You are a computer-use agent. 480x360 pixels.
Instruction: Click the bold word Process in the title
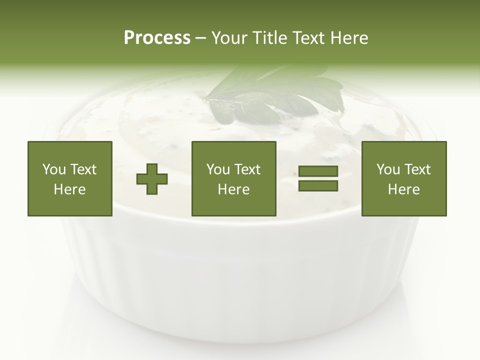pyautogui.click(x=157, y=38)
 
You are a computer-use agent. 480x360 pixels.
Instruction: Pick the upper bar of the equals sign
pyautogui.click(x=318, y=171)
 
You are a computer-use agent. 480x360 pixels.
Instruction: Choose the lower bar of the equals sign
pyautogui.click(x=318, y=186)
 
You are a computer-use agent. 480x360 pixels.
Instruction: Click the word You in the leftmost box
pyautogui.click(x=54, y=169)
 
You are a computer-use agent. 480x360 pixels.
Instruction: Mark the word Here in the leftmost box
pyautogui.click(x=69, y=189)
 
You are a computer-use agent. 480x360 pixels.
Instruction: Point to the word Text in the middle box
pyautogui.click(x=247, y=169)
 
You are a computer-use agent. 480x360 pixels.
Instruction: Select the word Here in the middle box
pyautogui.click(x=233, y=189)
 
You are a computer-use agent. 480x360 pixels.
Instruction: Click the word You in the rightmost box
pyautogui.click(x=388, y=169)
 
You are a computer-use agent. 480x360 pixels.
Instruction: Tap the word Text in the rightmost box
pyautogui.click(x=417, y=169)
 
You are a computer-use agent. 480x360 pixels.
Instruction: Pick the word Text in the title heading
pyautogui.click(x=308, y=38)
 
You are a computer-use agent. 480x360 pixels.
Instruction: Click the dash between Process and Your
pyautogui.click(x=200, y=38)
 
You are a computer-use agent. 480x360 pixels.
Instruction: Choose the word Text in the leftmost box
pyautogui.click(x=83, y=169)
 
